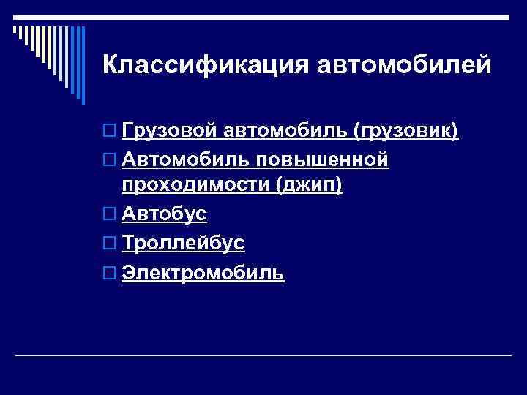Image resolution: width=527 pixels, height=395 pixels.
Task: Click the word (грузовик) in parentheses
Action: tap(405, 131)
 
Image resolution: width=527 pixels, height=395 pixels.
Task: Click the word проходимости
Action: tap(196, 185)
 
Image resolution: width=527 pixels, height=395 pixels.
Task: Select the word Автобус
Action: tap(164, 214)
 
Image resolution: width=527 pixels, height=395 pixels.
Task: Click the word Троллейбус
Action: tap(183, 243)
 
